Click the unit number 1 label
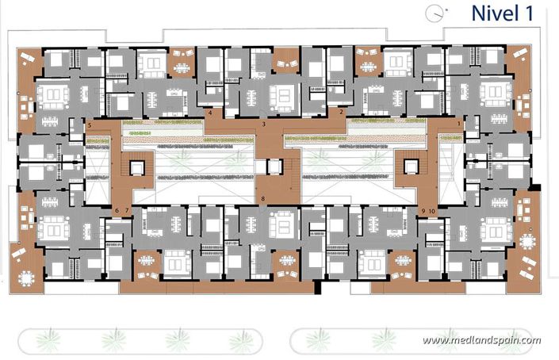tap(461, 124)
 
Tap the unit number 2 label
tap(341, 113)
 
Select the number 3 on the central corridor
tap(263, 124)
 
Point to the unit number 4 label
tap(209, 113)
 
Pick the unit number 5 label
tap(90, 125)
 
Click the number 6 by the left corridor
tap(117, 210)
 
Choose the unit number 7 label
tap(126, 210)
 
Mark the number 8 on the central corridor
tap(263, 197)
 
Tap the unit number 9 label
tap(424, 210)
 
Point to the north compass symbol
tap(433, 12)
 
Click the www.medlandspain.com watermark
tap(481, 340)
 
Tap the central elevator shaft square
tap(274, 167)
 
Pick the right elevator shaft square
tap(410, 167)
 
